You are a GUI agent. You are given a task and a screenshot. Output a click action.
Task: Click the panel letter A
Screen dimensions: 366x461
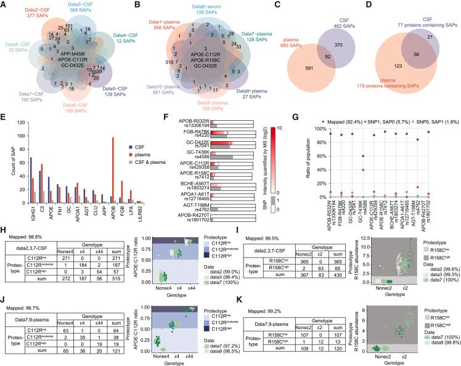coord(4,5)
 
